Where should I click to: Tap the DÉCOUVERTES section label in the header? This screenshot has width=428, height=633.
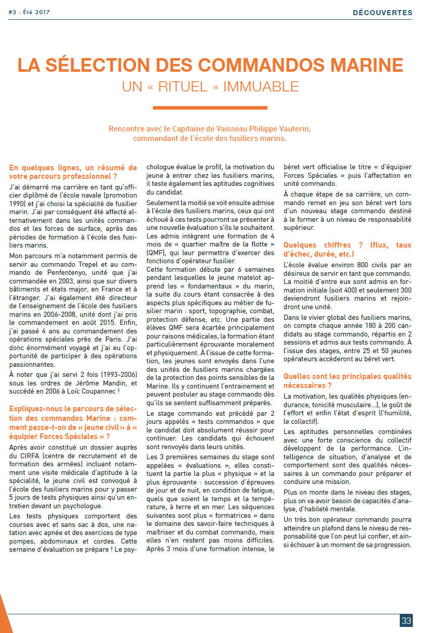pyautogui.click(x=383, y=12)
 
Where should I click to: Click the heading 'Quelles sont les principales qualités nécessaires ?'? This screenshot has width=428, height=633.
pyautogui.click(x=347, y=381)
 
